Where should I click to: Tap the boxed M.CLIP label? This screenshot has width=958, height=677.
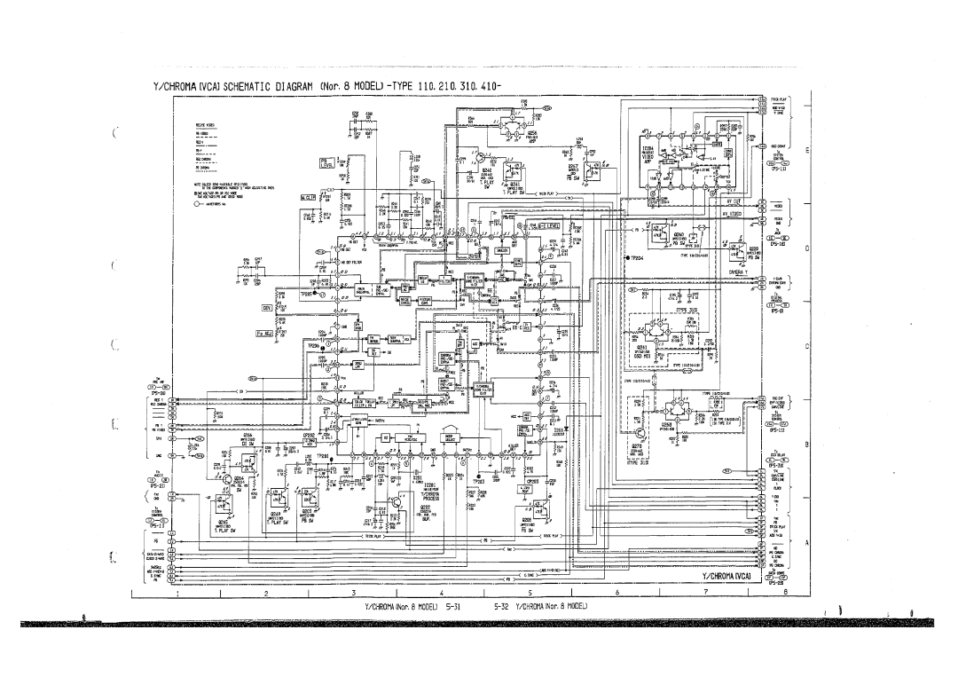click(307, 197)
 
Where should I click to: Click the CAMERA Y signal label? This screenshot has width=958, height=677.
click(739, 271)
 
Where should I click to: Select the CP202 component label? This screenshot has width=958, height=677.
click(310, 437)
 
